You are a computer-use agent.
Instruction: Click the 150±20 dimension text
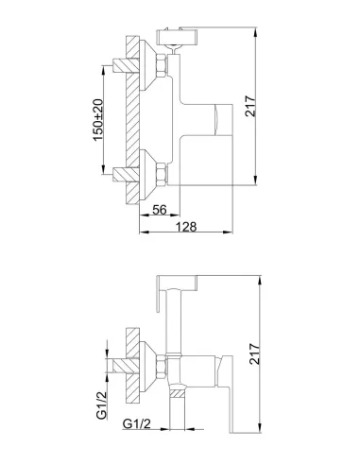pos(98,120)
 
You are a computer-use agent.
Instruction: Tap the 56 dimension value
pos(160,210)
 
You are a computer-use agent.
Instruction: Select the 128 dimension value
pos(186,227)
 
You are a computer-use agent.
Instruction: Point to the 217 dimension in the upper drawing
pos(251,107)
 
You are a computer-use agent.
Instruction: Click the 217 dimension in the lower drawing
pos(255,354)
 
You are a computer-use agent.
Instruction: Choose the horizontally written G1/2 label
pos(137,424)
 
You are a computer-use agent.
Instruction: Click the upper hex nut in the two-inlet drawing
pos(161,65)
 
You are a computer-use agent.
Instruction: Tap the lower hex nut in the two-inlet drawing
pos(161,174)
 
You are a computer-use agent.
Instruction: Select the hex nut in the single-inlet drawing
pos(161,367)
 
